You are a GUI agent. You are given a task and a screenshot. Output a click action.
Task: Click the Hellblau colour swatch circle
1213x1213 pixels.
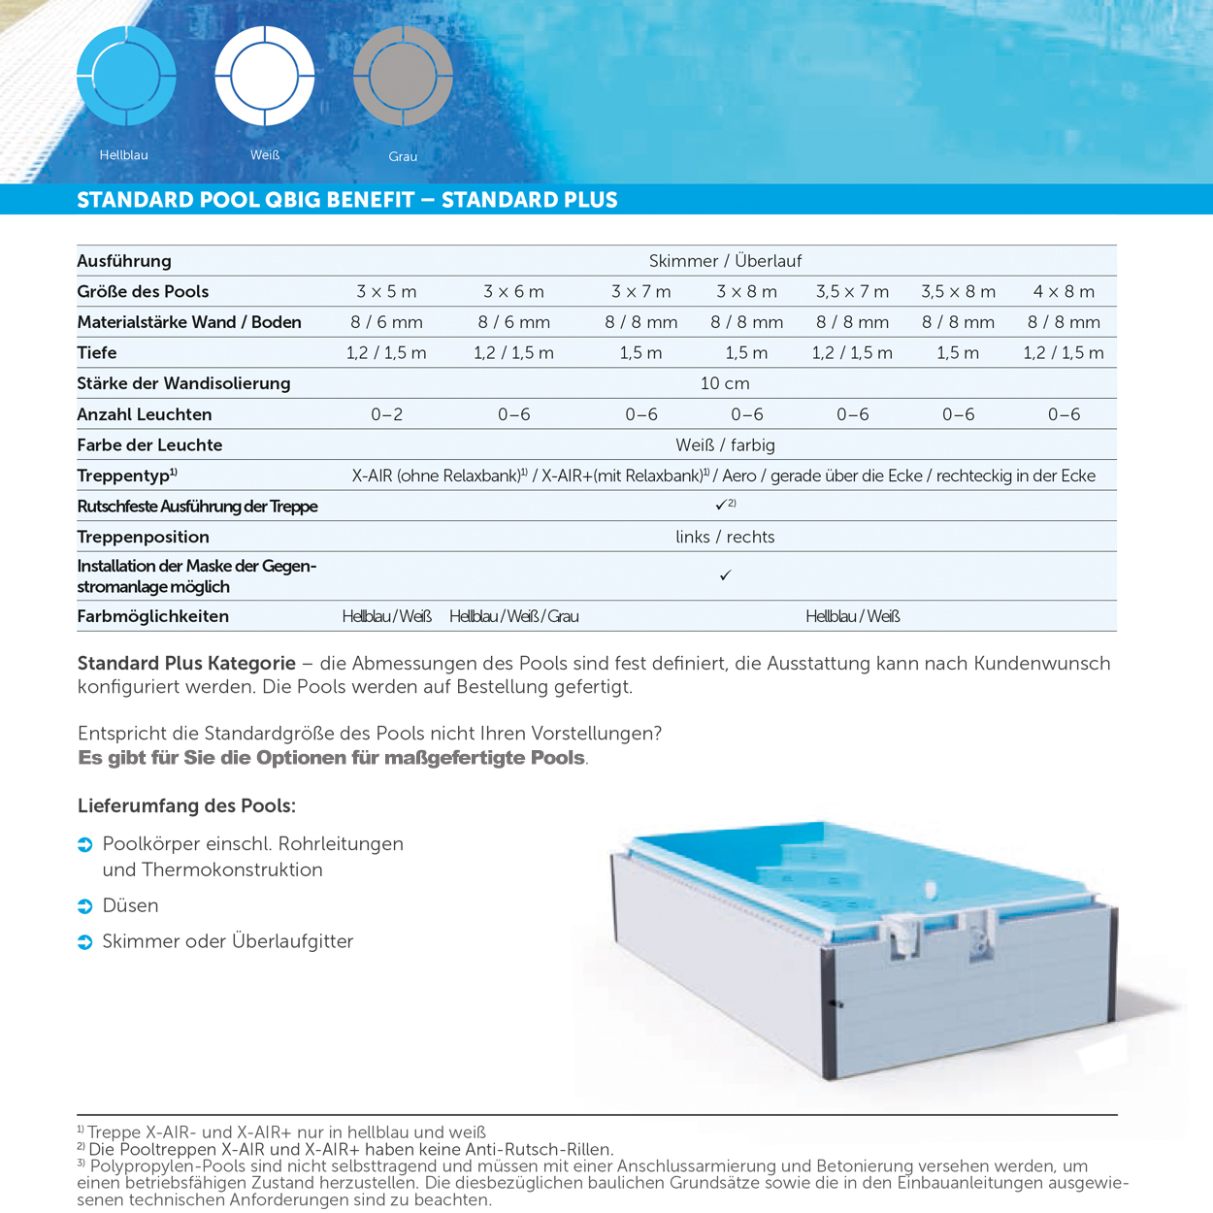(x=126, y=76)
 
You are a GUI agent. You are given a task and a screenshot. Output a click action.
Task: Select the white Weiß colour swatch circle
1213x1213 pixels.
(x=265, y=76)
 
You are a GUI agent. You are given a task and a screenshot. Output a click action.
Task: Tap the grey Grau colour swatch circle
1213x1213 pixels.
(x=403, y=76)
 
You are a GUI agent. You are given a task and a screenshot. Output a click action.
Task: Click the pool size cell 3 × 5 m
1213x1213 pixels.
(x=386, y=291)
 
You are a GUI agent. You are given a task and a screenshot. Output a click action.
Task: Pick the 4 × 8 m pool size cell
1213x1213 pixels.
(x=1064, y=291)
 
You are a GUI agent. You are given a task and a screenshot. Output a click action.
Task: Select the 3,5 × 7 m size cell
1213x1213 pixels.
(x=852, y=291)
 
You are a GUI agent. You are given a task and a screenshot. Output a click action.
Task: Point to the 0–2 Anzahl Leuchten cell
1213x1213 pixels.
(x=386, y=414)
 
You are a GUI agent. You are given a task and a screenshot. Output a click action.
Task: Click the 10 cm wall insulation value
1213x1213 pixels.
(x=725, y=383)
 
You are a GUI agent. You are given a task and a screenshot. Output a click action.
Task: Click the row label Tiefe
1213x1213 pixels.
(x=97, y=352)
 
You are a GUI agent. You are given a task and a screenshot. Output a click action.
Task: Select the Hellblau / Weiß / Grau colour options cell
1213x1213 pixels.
(x=513, y=616)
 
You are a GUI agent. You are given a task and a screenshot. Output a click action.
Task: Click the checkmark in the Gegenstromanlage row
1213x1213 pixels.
(x=725, y=575)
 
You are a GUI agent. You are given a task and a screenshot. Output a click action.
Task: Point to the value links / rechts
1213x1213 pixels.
(x=725, y=537)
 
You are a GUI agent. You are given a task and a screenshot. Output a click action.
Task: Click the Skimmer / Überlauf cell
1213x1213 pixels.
(x=725, y=261)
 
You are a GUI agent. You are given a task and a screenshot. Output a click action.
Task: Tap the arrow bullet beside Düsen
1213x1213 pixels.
(x=85, y=906)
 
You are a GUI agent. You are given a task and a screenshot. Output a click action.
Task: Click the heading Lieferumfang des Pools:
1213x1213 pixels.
(x=186, y=805)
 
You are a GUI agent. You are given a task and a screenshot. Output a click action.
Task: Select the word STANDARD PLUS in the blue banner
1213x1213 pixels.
(x=529, y=200)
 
